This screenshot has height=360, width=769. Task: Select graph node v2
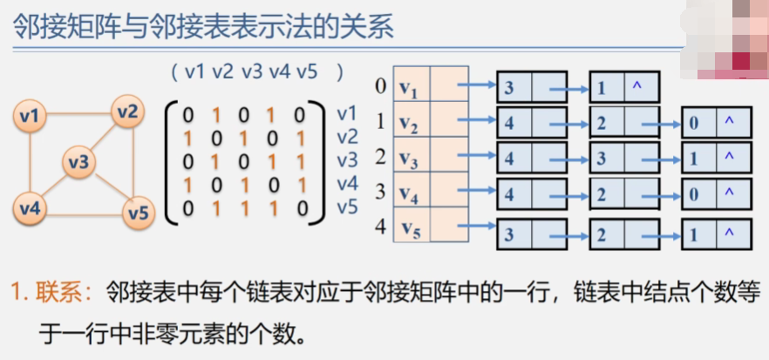pos(127,111)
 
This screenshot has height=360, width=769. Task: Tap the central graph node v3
pos(78,161)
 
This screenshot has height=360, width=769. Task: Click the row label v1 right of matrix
pos(347,114)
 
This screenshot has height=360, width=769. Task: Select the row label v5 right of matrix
pos(347,207)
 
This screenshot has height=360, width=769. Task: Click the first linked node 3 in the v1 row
pos(508,88)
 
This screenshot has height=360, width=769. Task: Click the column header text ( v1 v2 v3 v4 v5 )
pos(257,71)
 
